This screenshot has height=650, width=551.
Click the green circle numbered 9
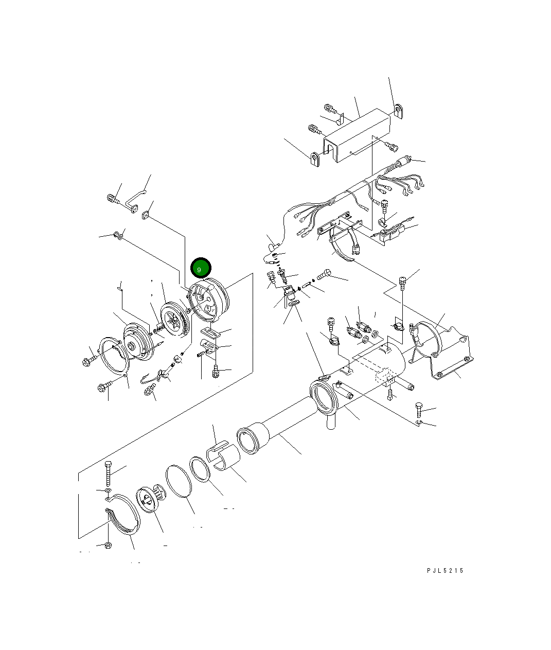[200, 268]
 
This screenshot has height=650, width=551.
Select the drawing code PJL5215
[445, 571]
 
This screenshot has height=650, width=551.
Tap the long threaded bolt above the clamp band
[109, 473]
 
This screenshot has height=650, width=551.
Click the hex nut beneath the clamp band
[108, 545]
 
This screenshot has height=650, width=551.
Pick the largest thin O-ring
[179, 482]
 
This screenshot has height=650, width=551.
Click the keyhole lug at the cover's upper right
[399, 111]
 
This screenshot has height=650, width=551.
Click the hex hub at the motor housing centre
[135, 346]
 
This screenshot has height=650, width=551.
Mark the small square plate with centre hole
[146, 215]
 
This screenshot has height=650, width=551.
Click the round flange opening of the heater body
[323, 396]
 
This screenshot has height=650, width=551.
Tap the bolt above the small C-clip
[419, 411]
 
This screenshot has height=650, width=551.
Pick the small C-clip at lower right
[419, 423]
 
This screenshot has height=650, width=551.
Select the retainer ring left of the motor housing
[114, 356]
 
